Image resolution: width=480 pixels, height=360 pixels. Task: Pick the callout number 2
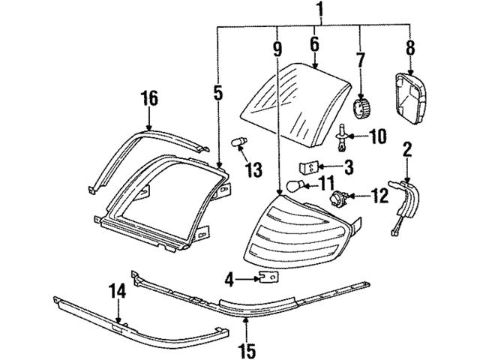pos(408,150)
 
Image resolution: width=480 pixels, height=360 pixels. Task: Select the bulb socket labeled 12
pos(337,199)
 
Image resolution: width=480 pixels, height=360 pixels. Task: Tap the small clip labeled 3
pos(305,166)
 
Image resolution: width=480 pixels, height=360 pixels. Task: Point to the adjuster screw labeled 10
pos(343,135)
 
